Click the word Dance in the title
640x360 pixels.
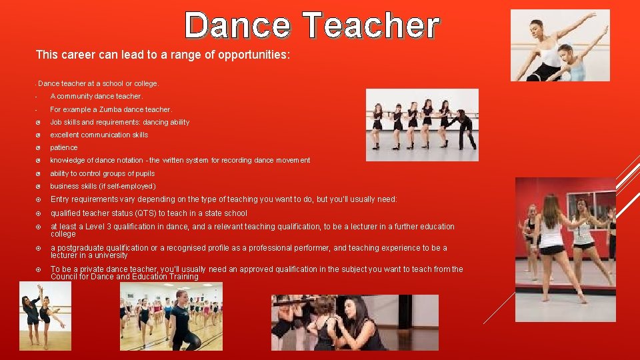[x=237, y=26]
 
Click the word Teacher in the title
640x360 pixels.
[x=371, y=26]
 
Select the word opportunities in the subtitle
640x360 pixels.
[x=254, y=55]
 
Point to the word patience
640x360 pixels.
[x=64, y=147]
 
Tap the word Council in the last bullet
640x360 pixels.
[x=64, y=277]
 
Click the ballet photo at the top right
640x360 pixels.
[x=559, y=45]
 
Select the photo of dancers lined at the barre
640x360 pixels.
[x=421, y=125]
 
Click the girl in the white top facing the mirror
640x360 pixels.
[x=553, y=240]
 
